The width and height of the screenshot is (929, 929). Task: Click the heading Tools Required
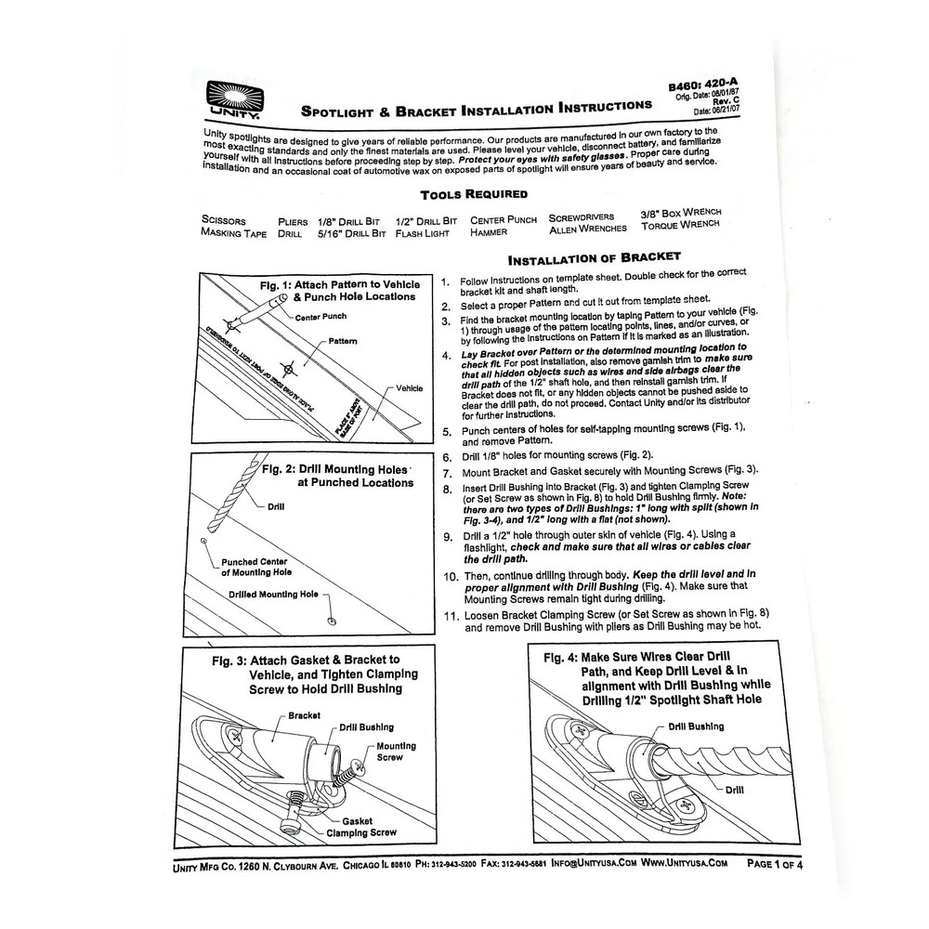(x=474, y=194)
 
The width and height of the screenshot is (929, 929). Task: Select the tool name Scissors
(x=224, y=222)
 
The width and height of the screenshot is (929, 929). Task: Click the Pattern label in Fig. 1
(x=341, y=342)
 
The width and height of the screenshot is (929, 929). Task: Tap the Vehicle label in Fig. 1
(x=410, y=387)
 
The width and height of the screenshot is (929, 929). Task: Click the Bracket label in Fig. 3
(x=305, y=715)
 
